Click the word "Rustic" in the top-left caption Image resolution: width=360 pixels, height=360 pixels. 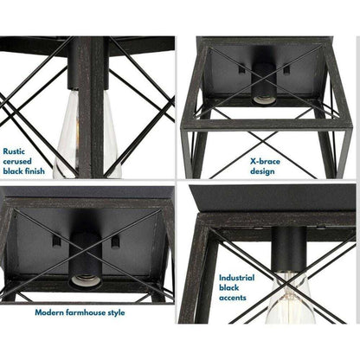coord(14,151)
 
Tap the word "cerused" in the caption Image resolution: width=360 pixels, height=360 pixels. coord(17,161)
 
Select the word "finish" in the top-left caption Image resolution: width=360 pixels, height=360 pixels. coord(34,170)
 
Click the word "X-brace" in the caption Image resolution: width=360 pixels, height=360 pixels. coord(265,161)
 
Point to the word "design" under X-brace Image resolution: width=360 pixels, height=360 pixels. coord(262,171)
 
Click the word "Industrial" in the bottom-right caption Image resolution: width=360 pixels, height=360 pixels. coord(236,278)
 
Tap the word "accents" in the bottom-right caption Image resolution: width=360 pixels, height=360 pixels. coord(233,298)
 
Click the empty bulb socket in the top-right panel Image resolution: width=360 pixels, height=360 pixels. coord(264,100)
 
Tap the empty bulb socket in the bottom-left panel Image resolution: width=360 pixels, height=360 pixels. coord(86,280)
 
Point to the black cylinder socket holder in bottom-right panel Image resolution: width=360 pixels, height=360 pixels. coord(288,249)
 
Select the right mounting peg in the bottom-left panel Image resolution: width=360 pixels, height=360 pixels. coord(115,241)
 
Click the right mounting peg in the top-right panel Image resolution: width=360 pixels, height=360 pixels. coord(286,69)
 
